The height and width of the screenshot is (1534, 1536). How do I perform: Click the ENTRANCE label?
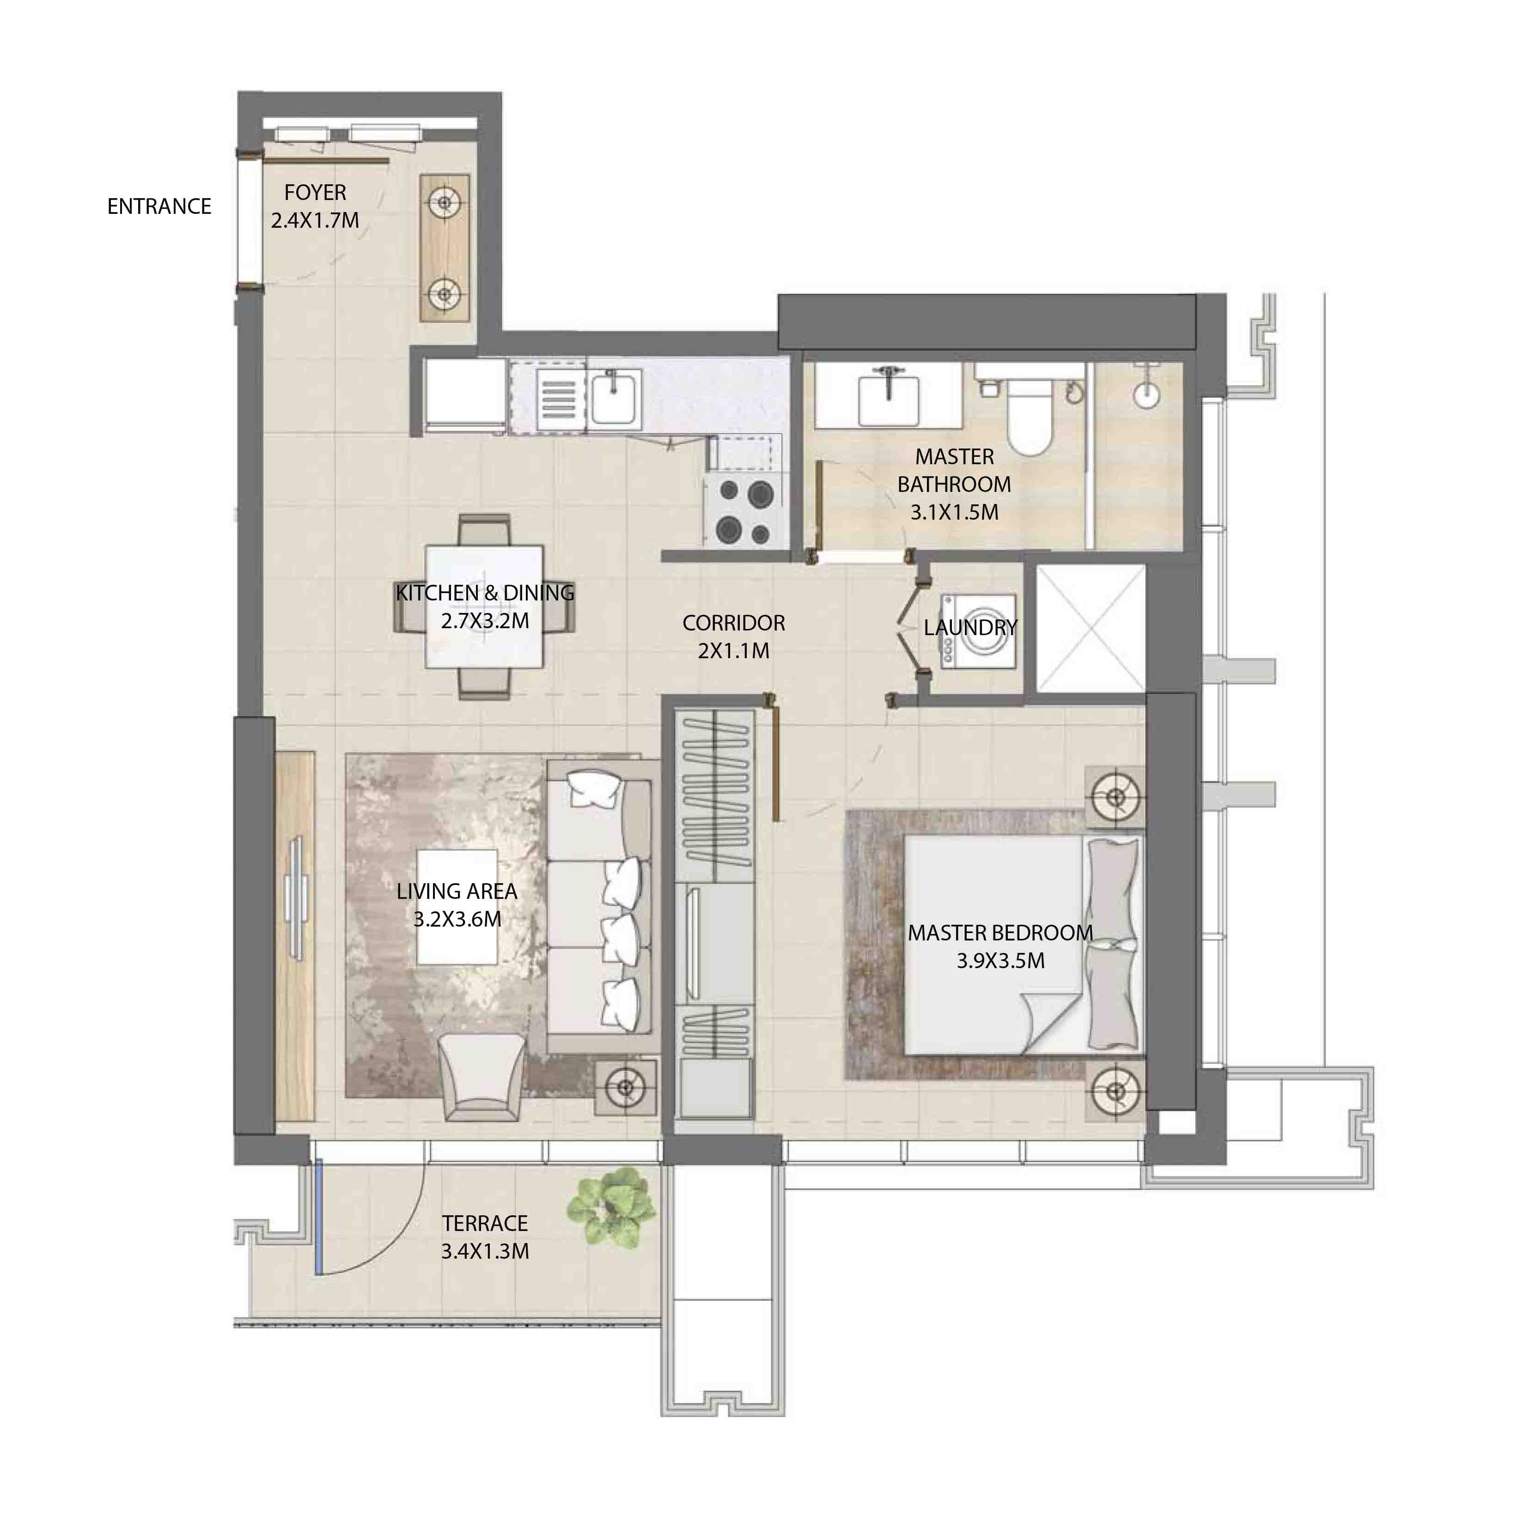point(159,206)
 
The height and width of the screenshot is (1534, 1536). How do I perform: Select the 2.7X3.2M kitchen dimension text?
point(485,621)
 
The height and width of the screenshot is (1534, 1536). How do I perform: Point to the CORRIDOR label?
point(733,623)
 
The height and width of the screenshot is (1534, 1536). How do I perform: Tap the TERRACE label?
point(485,1223)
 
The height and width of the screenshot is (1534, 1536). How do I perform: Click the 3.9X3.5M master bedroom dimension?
point(1000,961)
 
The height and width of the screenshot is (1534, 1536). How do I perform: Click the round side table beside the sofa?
point(627,1086)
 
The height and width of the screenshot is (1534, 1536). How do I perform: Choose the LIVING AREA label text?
point(457,892)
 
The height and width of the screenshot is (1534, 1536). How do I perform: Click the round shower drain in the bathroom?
point(1146,395)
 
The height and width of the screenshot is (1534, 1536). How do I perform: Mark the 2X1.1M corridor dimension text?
point(733,651)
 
